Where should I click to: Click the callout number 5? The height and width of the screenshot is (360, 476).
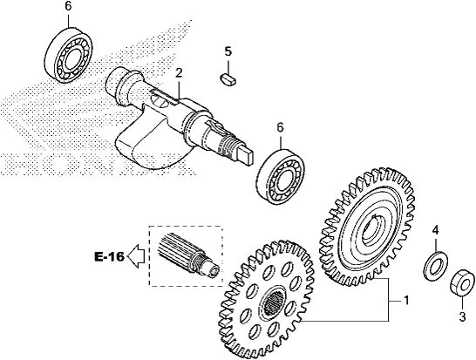click(x=228, y=51)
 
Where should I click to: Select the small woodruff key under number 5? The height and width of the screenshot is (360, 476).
click(x=229, y=78)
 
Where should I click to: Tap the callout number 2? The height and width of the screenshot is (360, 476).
click(x=179, y=73)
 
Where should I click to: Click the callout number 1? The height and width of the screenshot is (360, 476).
click(x=406, y=301)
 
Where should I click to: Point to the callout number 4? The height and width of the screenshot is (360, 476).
click(x=436, y=230)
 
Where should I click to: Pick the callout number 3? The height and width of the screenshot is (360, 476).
click(x=462, y=317)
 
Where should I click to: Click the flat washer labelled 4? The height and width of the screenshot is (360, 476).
click(x=436, y=266)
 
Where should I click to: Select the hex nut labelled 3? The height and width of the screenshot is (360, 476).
click(x=462, y=283)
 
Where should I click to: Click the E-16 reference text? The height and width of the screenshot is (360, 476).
click(x=109, y=257)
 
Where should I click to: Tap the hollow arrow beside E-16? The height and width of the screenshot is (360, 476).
click(x=136, y=256)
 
